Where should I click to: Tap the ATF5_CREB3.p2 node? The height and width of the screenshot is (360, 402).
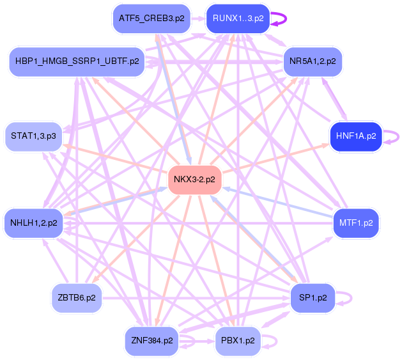151,19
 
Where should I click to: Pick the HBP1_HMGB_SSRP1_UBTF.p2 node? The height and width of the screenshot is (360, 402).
75,61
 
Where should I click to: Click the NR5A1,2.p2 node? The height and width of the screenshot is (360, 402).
311,61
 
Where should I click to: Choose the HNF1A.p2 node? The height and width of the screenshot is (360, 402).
355,136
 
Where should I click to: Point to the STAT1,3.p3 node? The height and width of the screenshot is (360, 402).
33,136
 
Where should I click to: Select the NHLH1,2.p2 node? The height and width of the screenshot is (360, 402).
33,223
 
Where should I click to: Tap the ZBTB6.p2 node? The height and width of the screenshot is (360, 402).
77,297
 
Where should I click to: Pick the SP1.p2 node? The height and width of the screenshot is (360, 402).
312,297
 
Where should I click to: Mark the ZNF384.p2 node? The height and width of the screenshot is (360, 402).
151,340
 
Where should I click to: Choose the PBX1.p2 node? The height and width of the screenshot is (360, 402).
237,340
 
